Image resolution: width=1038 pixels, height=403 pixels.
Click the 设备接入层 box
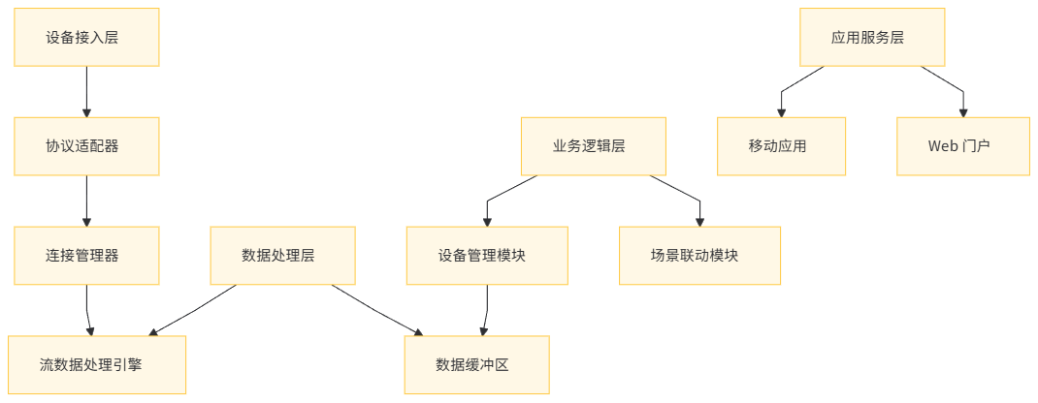87,38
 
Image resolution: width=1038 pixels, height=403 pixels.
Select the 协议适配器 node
87,146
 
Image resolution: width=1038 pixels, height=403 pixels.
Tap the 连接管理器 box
87,256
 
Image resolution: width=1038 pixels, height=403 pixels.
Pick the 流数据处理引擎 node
97,364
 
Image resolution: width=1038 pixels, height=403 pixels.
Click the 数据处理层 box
283,256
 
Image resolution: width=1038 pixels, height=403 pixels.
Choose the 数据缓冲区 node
476,364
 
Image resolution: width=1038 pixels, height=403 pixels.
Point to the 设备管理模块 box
487,256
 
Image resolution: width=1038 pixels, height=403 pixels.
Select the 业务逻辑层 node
593,146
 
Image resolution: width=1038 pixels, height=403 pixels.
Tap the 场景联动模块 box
700,256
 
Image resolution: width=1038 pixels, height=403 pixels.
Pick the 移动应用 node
782,146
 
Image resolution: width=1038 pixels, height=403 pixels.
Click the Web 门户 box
962,146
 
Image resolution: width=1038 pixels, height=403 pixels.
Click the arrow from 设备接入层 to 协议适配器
87,92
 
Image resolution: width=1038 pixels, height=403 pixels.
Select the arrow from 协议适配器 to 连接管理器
87,201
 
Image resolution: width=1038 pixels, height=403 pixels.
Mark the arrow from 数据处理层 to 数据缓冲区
378,310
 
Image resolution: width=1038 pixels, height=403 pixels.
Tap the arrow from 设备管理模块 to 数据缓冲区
486,310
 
